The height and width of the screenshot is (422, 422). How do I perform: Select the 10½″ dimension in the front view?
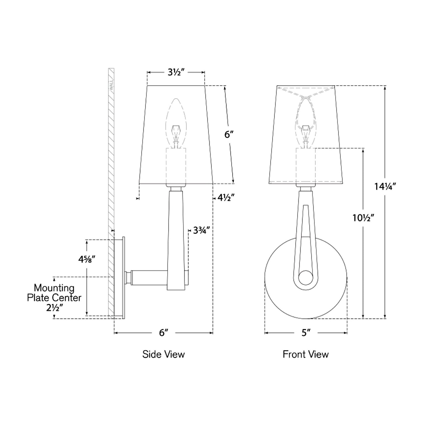pos(363,218)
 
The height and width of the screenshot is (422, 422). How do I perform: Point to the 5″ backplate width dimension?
pos(306,333)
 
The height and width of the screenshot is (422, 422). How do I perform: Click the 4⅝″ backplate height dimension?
pos(87,259)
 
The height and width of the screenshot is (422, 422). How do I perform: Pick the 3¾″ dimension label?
pos(201,231)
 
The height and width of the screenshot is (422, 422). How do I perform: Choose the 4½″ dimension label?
pos(225,198)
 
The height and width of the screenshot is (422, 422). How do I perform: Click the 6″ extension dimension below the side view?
pos(164,333)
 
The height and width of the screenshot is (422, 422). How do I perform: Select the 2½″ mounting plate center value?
pos(55,308)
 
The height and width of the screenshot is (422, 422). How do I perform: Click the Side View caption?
pos(164,354)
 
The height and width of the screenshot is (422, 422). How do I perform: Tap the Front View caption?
pos(305,354)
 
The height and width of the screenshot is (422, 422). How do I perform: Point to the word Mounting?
pos(54,288)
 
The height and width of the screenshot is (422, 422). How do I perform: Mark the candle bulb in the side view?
pos(176,123)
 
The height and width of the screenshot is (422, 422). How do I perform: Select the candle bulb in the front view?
pos(305,123)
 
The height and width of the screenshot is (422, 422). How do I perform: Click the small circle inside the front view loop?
pos(305,278)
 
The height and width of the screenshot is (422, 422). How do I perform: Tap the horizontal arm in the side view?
pos(149,277)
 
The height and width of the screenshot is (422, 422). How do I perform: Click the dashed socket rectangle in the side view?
pos(176,166)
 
